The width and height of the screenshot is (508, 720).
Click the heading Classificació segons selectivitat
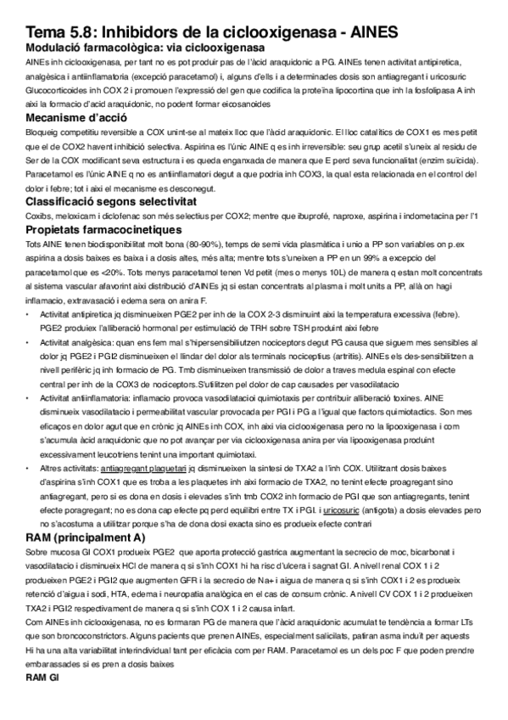[110, 201]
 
